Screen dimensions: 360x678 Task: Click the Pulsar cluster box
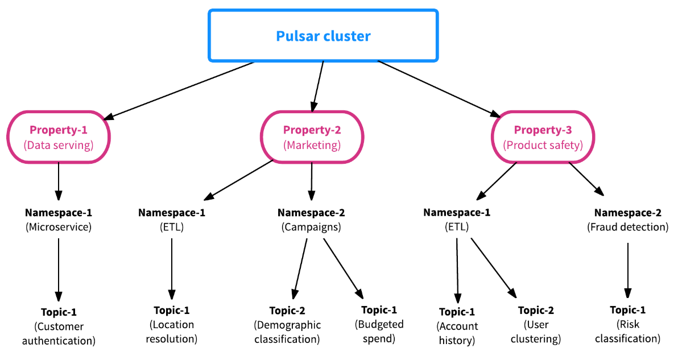tap(323, 36)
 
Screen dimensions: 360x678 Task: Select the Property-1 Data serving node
tap(58, 137)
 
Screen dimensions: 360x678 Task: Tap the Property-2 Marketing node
tap(312, 137)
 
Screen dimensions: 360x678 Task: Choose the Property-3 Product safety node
tap(543, 137)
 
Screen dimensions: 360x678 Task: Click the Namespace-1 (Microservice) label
tap(58, 220)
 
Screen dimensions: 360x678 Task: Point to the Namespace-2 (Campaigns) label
tap(311, 220)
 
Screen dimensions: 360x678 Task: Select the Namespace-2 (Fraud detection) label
tap(627, 220)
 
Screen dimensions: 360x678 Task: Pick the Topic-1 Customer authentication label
tap(59, 326)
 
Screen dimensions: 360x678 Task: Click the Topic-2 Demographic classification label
tap(287, 325)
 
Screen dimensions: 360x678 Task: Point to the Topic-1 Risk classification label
tap(627, 324)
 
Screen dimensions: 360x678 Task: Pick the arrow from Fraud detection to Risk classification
tap(627, 270)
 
